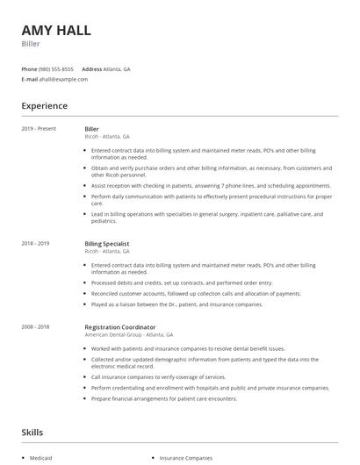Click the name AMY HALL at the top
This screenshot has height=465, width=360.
point(56,31)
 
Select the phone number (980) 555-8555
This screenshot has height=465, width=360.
point(56,68)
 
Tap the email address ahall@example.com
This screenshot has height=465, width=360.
point(64,79)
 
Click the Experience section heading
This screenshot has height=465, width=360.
point(44,106)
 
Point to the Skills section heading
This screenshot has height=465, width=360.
point(32,433)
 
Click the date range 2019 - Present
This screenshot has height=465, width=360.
point(39,129)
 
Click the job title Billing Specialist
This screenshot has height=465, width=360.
point(107,243)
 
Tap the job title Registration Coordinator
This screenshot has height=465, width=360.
point(120,327)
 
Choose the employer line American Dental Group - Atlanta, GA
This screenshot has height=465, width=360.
point(129,335)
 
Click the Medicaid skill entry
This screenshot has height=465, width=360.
point(40,458)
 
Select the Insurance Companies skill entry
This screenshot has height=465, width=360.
point(186,458)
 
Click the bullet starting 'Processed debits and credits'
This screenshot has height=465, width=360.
point(182,283)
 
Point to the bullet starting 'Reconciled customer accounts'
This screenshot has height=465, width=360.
point(197,294)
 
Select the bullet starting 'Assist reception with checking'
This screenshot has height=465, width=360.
point(211,186)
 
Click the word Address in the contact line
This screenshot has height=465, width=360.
point(91,68)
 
